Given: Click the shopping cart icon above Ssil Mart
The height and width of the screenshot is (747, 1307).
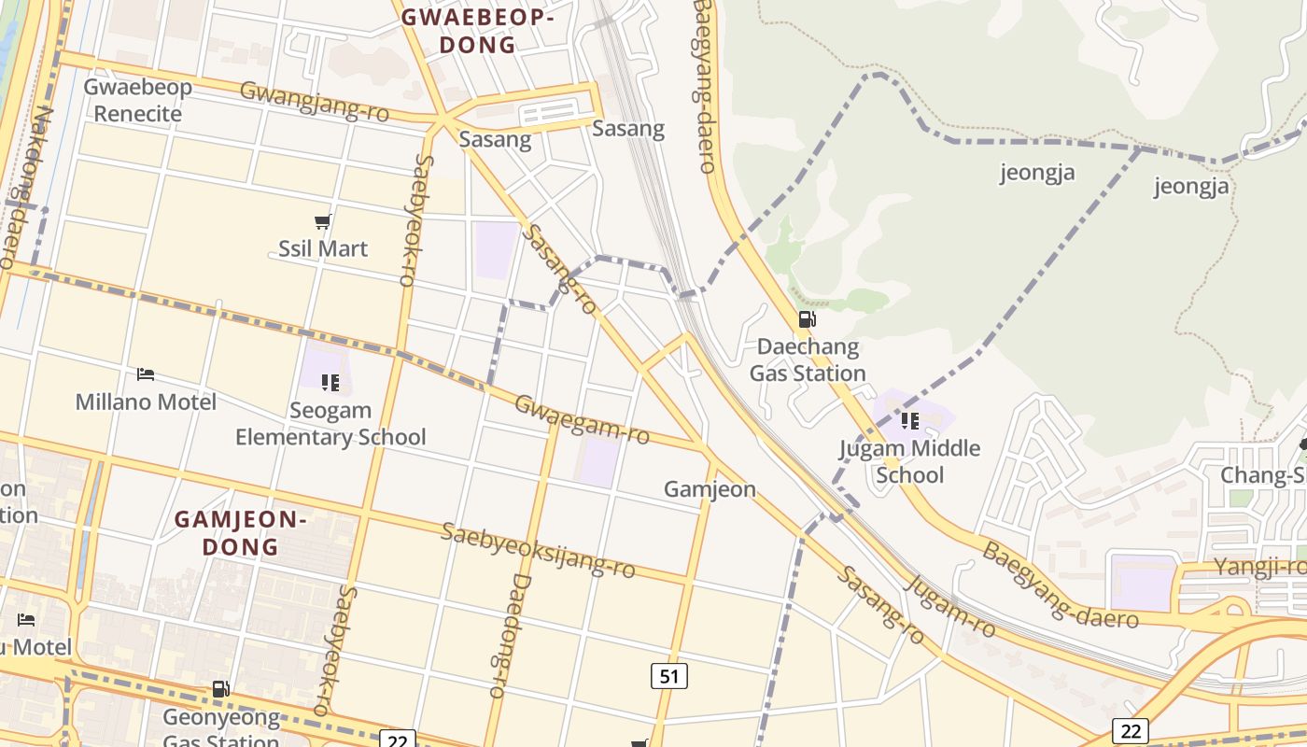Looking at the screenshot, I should (x=323, y=222).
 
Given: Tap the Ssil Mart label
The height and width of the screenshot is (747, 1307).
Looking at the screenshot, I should (x=323, y=248).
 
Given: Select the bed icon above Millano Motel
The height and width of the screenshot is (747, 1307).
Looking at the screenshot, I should (x=145, y=374).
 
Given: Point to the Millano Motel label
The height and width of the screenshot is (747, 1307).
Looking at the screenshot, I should (x=146, y=402).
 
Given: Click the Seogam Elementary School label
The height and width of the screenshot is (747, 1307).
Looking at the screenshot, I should (x=330, y=424).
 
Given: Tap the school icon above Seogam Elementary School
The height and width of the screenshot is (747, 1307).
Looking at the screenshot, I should (x=330, y=382).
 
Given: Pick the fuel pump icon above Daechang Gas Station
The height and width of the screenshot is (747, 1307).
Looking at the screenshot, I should (x=807, y=319).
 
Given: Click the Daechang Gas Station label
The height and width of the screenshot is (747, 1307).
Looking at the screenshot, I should (x=808, y=359).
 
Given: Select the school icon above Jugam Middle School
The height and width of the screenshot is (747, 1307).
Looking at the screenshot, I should (x=910, y=421).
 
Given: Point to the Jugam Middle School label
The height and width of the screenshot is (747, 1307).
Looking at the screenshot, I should (x=910, y=461).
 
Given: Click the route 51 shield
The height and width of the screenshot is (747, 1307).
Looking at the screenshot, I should (x=668, y=676).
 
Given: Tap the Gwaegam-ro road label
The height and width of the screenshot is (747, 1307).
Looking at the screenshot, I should (x=582, y=419).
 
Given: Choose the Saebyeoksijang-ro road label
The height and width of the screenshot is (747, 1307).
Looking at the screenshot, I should (x=538, y=550).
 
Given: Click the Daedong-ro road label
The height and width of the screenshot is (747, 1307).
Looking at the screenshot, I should (x=509, y=635).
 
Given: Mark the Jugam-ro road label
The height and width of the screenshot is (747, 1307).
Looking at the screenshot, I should (x=950, y=607).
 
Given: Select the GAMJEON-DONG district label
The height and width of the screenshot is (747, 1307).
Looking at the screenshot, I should (x=241, y=533).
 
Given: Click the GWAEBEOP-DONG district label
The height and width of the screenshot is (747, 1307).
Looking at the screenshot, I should (x=477, y=31).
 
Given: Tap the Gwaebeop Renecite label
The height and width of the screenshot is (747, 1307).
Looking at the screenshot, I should (x=138, y=100).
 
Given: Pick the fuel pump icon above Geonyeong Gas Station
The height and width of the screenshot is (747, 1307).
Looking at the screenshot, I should (x=221, y=690).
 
